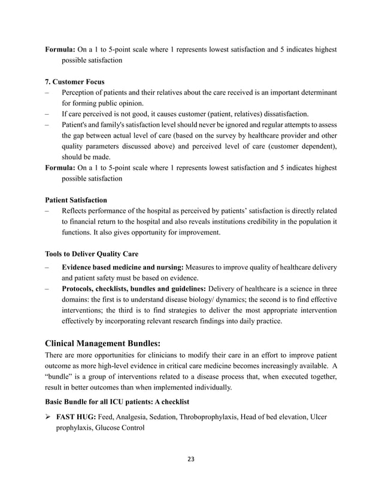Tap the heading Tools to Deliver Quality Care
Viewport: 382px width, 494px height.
tap(92, 254)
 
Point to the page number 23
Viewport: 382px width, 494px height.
tap(191, 459)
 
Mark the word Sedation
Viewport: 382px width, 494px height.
tap(175, 416)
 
